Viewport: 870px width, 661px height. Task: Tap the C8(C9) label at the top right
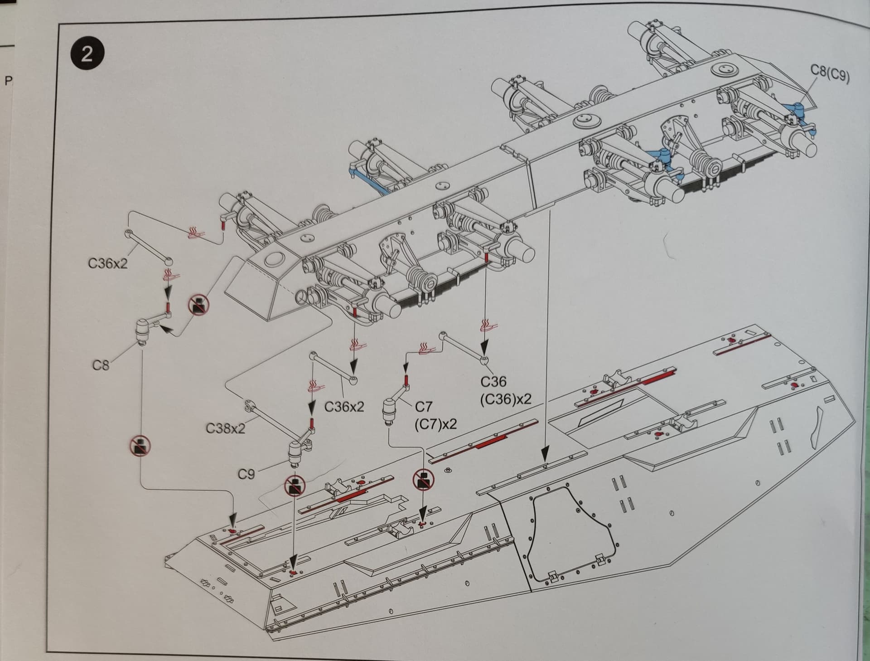[x=830, y=74]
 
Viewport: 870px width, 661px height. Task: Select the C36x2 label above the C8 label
[x=108, y=263]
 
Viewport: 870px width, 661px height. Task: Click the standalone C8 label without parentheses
[x=101, y=365]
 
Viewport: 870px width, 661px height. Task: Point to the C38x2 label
[x=225, y=428]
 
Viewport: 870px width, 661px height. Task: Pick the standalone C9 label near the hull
[x=246, y=474]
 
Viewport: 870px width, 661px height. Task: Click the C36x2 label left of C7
[x=344, y=407]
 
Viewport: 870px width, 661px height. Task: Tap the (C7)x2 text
[x=435, y=424]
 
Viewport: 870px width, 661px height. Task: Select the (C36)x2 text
[x=505, y=399]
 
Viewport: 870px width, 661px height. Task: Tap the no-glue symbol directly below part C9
[x=295, y=486]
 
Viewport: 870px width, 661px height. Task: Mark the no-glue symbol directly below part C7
[x=423, y=479]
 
